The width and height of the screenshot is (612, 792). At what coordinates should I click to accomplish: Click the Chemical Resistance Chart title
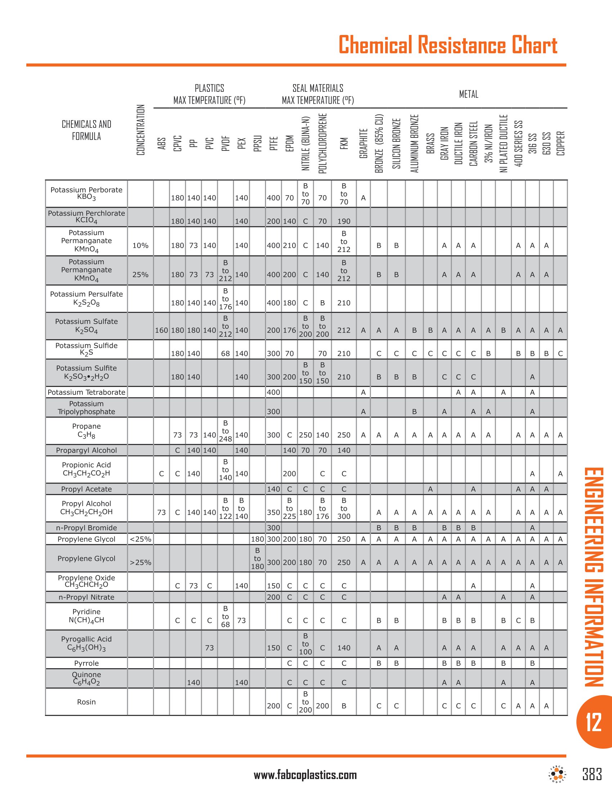point(447,45)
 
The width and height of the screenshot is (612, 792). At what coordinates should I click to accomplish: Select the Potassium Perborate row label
point(86,193)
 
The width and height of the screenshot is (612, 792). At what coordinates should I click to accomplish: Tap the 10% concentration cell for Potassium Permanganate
point(140,246)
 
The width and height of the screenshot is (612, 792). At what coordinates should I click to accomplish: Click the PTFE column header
point(273,143)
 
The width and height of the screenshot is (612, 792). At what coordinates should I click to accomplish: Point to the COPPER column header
point(561,143)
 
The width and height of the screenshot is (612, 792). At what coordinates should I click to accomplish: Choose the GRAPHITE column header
point(363,143)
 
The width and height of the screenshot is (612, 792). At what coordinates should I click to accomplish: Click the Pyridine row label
point(86,616)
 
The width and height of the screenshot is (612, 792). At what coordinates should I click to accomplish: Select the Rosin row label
point(86,702)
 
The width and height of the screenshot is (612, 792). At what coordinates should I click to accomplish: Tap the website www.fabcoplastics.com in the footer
point(305,775)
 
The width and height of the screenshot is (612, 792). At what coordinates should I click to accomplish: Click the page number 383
point(592,774)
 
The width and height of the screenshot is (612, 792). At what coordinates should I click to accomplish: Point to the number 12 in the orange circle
point(594,722)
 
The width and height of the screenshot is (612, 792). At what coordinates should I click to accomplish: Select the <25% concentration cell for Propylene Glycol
point(140,539)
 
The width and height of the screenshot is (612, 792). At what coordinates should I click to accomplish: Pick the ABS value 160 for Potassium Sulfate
point(161,330)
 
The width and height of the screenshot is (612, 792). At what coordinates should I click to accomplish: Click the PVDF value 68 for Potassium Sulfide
point(225,354)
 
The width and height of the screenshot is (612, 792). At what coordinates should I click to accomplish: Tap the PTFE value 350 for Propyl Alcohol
point(273,512)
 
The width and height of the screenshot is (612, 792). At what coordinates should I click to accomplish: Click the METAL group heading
point(468,94)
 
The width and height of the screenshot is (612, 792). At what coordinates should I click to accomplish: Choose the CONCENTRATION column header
point(140,130)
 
